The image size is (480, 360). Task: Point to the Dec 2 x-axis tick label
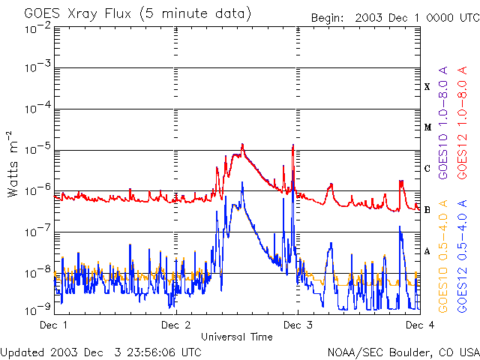click(x=175, y=325)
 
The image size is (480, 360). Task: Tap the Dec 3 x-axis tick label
click(x=298, y=325)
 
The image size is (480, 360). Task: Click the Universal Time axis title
click(x=236, y=337)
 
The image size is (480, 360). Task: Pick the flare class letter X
click(x=427, y=87)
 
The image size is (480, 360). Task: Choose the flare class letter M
click(x=427, y=127)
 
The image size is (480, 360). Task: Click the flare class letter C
click(x=427, y=169)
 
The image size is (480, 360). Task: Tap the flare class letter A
click(x=427, y=251)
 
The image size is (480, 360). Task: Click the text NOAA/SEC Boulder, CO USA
click(x=403, y=352)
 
